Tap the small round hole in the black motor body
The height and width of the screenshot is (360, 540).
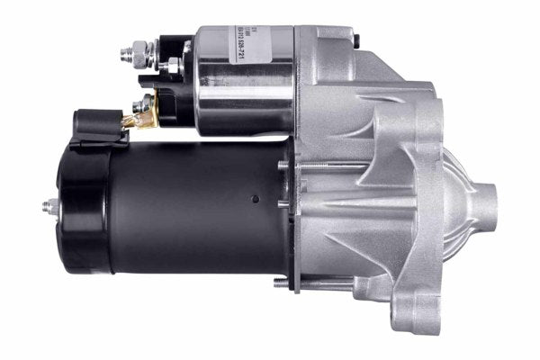[255, 200]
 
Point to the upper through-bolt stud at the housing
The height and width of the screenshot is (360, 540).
[283, 167]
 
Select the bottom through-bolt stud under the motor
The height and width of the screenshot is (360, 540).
[286, 284]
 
